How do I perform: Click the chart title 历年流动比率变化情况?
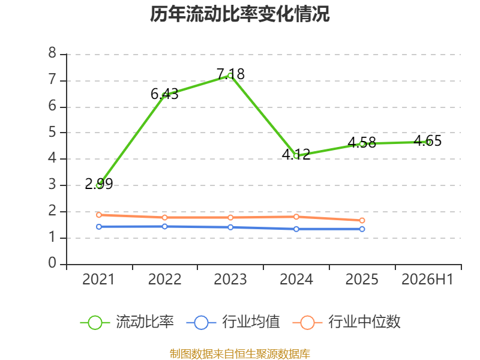tap(239, 14)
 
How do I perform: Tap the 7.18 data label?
tap(230, 74)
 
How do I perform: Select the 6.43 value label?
tap(164, 94)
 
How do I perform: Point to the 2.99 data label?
tap(99, 184)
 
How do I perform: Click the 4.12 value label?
tap(296, 154)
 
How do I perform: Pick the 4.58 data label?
tap(362, 142)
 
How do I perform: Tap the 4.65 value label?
tap(428, 141)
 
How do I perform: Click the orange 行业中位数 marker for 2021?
tap(99, 215)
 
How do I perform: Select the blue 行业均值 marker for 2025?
tap(362, 229)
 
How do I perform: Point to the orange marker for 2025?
tap(362, 220)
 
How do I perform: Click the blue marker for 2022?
tap(164, 227)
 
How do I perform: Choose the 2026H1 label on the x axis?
tap(427, 280)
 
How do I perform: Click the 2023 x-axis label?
tap(230, 280)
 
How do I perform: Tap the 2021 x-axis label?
tap(98, 280)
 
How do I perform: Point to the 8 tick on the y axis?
tap(52, 53)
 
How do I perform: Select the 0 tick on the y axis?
tap(52, 263)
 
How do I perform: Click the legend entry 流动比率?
tap(127, 322)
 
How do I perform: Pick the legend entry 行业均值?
tap(233, 322)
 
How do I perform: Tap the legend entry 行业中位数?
tap(346, 322)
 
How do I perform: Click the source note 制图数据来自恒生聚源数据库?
tap(240, 354)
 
